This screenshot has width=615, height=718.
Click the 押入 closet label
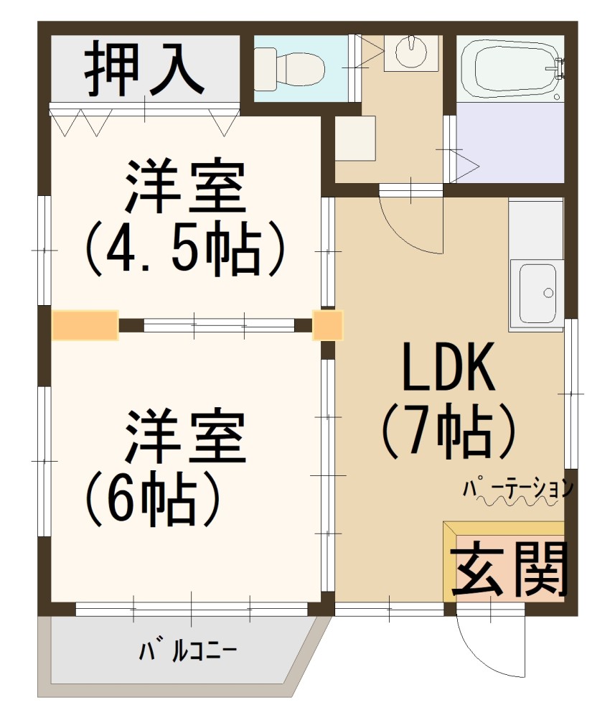coord(145,70)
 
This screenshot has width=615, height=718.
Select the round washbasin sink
coord(411,51)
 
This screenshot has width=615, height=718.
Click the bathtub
coord(509,69)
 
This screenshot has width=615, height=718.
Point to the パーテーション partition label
coord(518,488)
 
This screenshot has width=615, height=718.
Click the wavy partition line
coord(513,503)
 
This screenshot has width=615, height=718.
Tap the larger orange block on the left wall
coord(85,325)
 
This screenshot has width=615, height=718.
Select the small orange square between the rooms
coord(328,325)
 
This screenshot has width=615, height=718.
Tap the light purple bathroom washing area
coord(510,142)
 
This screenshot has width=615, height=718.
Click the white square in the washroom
coord(356,138)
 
